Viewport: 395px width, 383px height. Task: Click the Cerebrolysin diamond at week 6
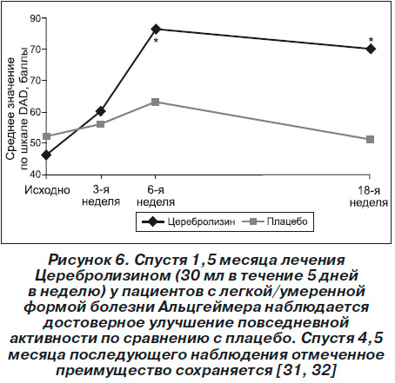tap(156, 29)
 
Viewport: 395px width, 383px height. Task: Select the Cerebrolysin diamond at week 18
tap(371, 49)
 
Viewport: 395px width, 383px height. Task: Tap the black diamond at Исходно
tap(46, 155)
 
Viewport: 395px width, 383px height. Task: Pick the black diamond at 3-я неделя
tap(101, 111)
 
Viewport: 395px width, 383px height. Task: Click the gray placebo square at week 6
tap(156, 102)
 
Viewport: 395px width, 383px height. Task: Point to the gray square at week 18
tap(370, 140)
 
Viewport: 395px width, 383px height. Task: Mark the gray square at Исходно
tap(46, 136)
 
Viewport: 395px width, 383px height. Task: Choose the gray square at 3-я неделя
tap(101, 124)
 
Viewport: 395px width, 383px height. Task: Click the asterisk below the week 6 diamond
tap(156, 41)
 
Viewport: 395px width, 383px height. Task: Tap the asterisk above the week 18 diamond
tap(371, 40)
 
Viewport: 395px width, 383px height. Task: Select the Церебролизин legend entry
tap(188, 221)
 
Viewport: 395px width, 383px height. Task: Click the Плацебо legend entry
tap(275, 221)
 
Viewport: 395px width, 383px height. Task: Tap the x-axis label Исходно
tap(47, 190)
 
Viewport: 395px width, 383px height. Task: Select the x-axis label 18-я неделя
tap(369, 196)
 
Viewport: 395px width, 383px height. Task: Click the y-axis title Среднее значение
tap(10, 109)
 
